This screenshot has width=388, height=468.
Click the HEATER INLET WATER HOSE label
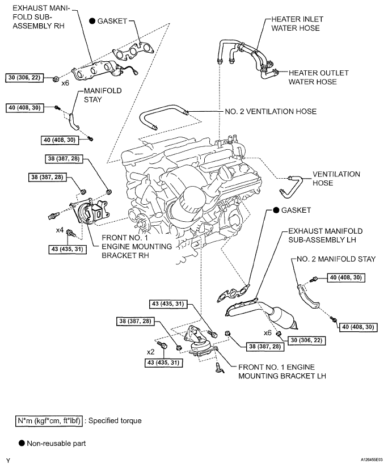(297, 24)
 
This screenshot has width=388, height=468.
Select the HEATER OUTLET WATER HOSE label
(318, 77)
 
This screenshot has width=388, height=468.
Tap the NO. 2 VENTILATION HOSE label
(271, 112)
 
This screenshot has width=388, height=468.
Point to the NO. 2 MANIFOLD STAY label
(336, 259)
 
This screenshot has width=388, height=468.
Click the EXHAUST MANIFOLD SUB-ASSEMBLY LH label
(326, 235)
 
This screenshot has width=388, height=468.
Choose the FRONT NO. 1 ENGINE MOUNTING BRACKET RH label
(137, 247)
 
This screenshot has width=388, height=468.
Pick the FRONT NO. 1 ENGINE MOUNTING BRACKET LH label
(282, 372)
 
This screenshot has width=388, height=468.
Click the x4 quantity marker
(60, 230)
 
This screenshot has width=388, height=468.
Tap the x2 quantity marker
(151, 352)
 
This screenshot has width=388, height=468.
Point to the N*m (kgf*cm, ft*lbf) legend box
(49, 421)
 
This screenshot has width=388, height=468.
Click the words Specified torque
(115, 421)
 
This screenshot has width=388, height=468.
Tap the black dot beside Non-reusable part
(22, 443)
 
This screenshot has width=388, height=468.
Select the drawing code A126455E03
(372, 460)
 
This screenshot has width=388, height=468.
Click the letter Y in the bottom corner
(8, 461)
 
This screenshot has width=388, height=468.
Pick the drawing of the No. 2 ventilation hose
(163, 116)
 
